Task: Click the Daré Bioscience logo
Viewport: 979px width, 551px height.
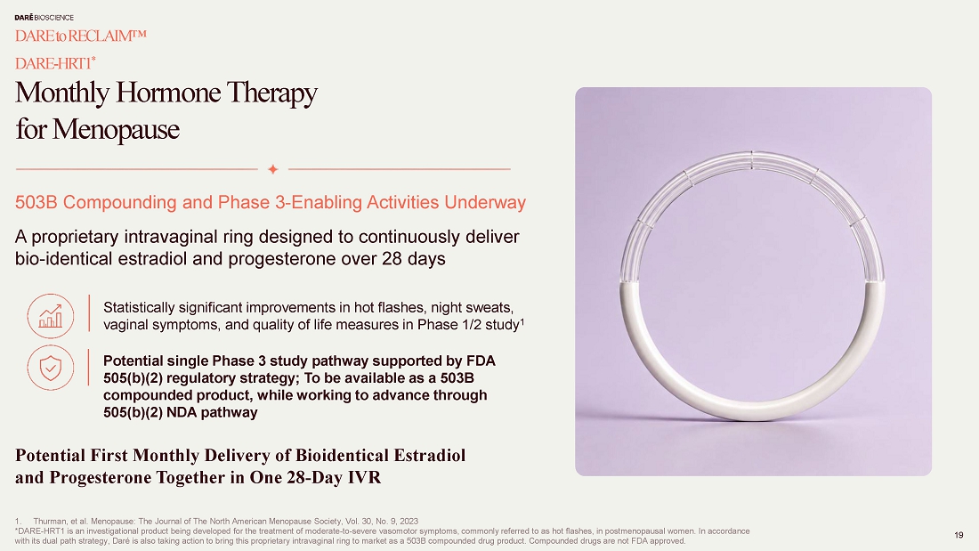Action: [44, 18]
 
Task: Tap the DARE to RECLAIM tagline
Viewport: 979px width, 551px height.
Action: [80, 36]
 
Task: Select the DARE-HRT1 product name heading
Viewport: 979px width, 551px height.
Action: [55, 62]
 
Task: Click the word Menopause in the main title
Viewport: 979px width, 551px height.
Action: [116, 129]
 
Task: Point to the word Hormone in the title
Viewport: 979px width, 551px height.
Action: [168, 93]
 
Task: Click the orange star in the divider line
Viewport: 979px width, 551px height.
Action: [273, 168]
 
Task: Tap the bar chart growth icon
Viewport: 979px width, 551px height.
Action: [51, 316]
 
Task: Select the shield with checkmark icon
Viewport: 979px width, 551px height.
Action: [51, 368]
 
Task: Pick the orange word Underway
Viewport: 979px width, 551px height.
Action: [485, 202]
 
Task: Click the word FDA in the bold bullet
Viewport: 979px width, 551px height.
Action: [481, 361]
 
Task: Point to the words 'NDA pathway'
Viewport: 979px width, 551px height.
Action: [212, 412]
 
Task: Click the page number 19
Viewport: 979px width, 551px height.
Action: [959, 535]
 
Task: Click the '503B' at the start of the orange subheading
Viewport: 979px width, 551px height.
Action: [36, 202]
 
